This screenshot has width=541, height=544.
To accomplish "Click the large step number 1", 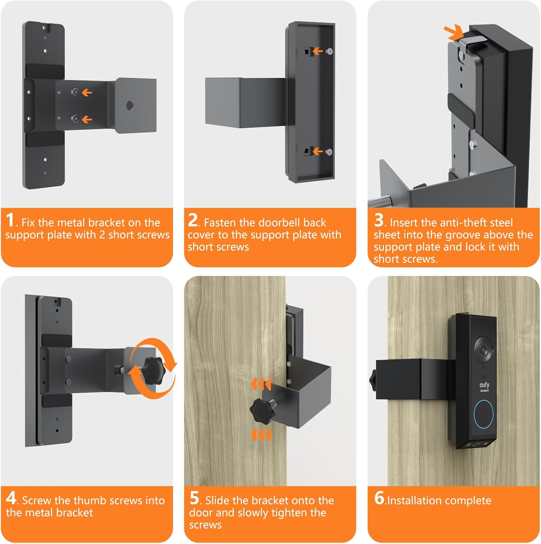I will (10, 220).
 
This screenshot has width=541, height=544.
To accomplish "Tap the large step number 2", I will (193, 220).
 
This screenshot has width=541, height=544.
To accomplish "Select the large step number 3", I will (379, 220).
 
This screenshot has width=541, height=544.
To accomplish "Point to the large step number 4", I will (11, 498).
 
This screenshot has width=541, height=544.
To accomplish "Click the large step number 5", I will (194, 498).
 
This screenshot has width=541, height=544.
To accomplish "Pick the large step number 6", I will (379, 498).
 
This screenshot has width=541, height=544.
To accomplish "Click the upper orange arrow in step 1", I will (87, 93).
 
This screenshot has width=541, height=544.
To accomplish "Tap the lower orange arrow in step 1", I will (87, 119).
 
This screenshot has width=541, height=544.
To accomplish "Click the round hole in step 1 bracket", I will (130, 106).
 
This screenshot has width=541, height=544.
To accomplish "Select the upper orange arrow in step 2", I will (317, 51).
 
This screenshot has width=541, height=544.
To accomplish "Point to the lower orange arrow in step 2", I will (317, 151).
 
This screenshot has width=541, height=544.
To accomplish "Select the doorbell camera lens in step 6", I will (483, 348).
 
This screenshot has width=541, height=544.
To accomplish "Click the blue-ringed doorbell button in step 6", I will (483, 414).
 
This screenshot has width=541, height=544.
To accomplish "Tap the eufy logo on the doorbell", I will (484, 386).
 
